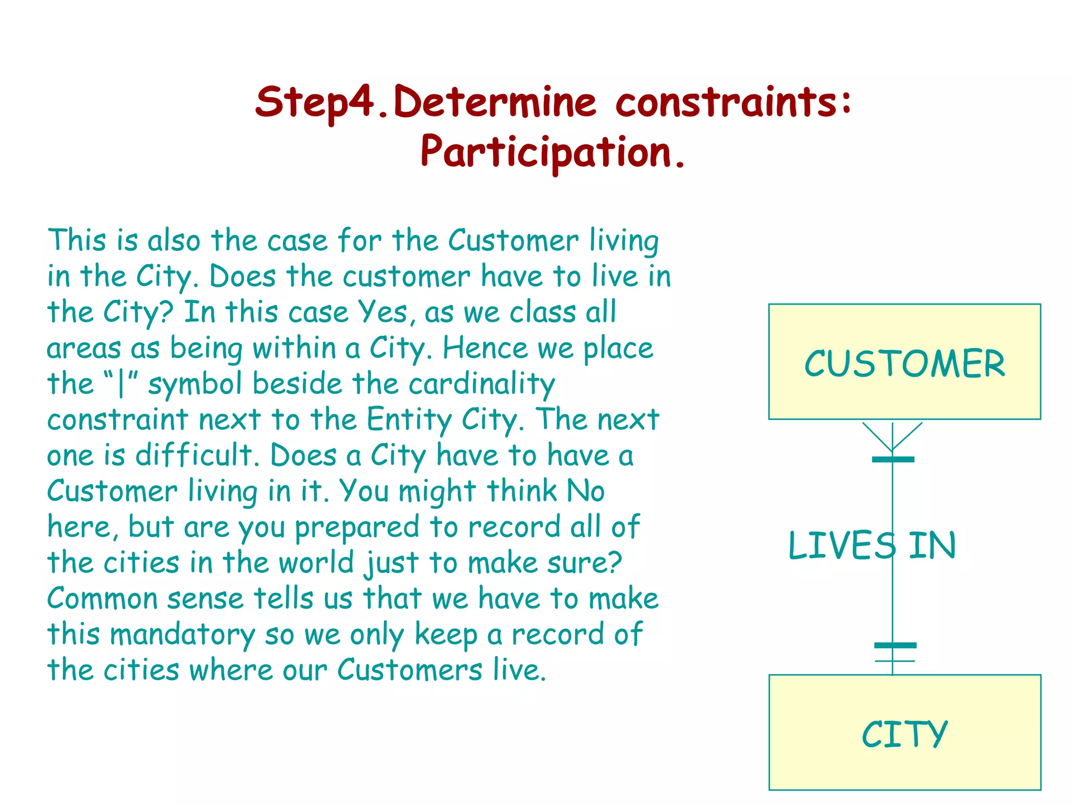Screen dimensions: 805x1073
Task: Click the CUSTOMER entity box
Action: tap(904, 362)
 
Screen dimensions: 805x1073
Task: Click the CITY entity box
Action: tap(904, 732)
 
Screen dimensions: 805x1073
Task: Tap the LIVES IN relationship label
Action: tap(872, 546)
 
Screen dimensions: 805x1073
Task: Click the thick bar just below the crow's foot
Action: tap(893, 460)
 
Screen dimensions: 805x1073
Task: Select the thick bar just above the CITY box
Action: tap(895, 645)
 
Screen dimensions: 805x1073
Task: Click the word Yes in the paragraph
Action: tap(382, 312)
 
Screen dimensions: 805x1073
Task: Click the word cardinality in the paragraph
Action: tap(481, 384)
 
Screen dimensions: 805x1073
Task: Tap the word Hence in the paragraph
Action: tap(485, 348)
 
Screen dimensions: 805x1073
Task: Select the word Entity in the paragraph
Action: tap(408, 419)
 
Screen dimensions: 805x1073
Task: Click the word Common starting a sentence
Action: tap(102, 599)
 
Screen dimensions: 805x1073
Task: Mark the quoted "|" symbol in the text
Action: tap(121, 383)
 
